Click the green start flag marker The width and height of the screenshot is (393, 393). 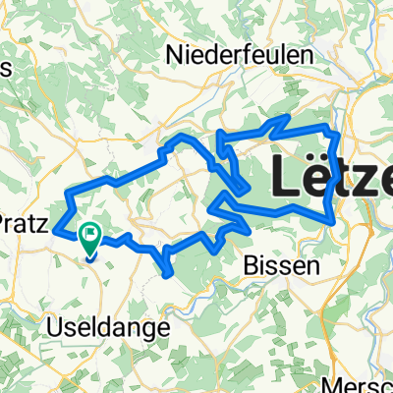90,235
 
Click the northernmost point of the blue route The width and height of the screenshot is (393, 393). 286,117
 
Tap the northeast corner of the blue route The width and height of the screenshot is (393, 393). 337,131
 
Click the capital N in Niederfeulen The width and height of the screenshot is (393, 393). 178,53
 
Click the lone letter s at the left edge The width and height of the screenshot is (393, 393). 5,68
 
